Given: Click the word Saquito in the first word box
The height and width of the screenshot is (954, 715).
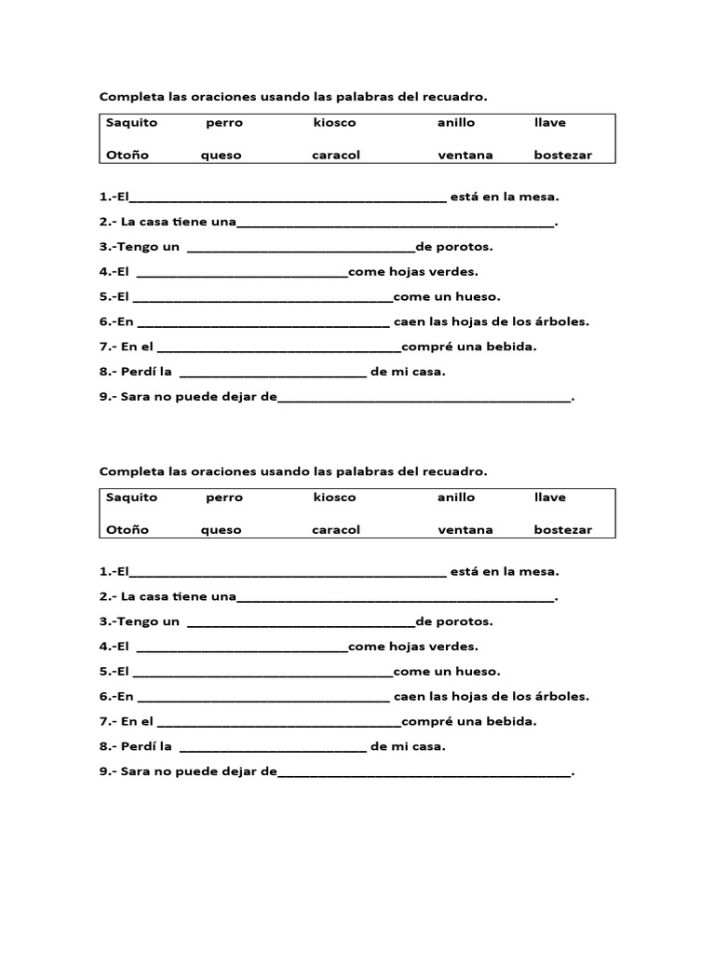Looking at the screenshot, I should pos(131,123).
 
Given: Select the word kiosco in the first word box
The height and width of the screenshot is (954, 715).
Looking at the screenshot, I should pos(334,123).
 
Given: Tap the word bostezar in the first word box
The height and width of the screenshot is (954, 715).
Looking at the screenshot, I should pos(562,156).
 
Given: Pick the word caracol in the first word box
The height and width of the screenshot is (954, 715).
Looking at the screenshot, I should pos(335,156).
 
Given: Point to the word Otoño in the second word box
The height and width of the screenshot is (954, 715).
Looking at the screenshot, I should pos(128,530).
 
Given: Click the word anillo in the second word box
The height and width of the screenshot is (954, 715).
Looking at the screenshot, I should pos(456,497).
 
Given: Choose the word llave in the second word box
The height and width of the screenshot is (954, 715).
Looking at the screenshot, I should pos(549,497).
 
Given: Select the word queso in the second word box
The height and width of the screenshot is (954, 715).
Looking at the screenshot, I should pos(221,530).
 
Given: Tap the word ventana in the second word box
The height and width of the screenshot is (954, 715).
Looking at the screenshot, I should pos(465,530).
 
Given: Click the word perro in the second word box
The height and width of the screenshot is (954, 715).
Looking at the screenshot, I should pos(224,497).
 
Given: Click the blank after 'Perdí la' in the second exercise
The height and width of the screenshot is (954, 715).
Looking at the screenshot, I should pos(272,747).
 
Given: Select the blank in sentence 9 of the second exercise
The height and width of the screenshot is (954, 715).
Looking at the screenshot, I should pos(424,772).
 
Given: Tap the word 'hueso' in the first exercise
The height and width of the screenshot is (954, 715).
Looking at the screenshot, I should pos(478,297).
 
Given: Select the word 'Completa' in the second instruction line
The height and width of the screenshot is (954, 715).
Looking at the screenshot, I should pos(132,471).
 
